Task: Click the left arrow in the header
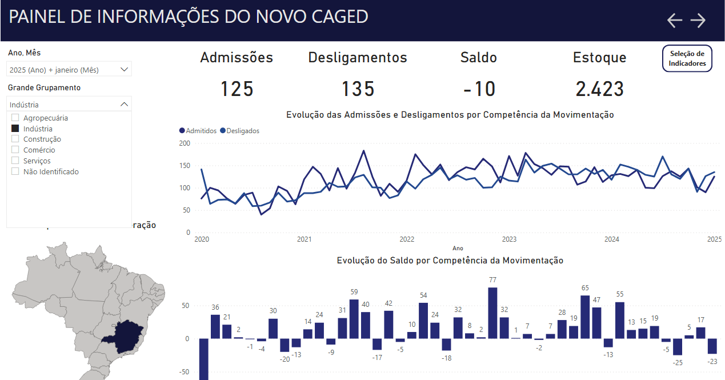click(675, 21)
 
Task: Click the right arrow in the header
click(698, 21)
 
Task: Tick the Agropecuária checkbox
click(15, 118)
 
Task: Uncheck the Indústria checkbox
click(15, 129)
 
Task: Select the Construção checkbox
click(15, 139)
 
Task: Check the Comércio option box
click(15, 150)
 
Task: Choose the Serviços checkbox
click(15, 161)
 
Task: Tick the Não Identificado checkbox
click(15, 171)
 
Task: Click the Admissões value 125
click(237, 89)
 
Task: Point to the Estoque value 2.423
click(599, 89)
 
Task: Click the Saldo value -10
click(479, 89)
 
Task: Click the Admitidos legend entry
click(198, 131)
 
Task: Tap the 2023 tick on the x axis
click(509, 239)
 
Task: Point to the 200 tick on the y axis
click(184, 143)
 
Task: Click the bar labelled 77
click(492, 313)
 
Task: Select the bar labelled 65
click(585, 317)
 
